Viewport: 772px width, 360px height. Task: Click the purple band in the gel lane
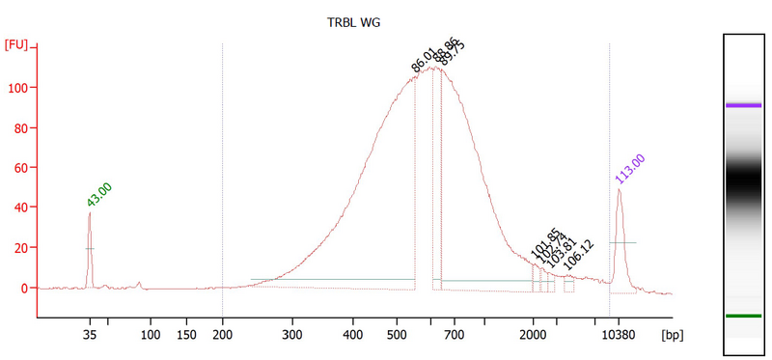click(x=744, y=105)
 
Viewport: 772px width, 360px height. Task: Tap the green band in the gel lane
click(x=744, y=316)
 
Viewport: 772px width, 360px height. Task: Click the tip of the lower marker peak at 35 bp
click(x=90, y=213)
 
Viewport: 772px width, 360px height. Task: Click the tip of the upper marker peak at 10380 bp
click(x=619, y=190)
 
